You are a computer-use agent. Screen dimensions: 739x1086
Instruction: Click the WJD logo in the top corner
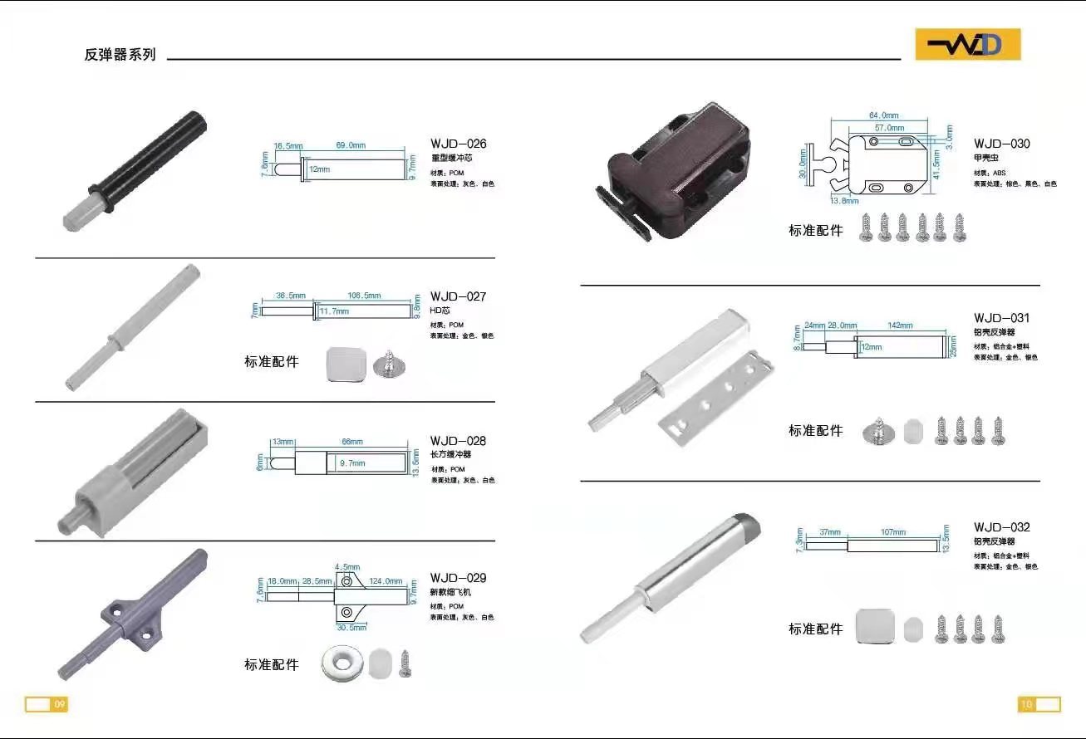pos(967,45)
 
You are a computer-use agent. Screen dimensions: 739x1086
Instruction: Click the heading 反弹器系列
pos(120,55)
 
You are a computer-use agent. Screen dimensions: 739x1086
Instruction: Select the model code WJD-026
pos(458,144)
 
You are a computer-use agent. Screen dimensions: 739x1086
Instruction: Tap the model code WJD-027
pos(458,296)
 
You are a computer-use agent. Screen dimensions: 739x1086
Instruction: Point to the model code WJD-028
pos(458,441)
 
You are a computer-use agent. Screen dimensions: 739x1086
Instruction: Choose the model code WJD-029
pos(458,578)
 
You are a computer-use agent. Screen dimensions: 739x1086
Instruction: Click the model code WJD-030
pos(1001,144)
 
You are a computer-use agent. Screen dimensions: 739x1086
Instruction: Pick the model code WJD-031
pos(1001,318)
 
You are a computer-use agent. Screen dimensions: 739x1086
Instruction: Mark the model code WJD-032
pos(1001,527)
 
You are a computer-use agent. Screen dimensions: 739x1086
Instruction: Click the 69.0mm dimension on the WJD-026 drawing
pos(351,145)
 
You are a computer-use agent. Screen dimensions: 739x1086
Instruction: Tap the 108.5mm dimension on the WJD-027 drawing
pos(365,296)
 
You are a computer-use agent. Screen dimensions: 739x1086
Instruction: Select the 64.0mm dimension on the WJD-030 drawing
pos(884,115)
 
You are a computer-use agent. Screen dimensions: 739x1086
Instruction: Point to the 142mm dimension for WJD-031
pos(900,325)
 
